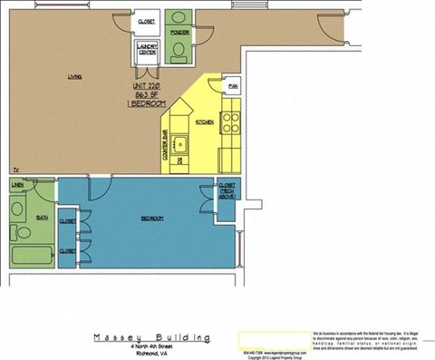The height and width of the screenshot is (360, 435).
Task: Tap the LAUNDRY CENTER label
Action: point(147,50)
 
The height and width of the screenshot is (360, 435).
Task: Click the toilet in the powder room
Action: point(180,54)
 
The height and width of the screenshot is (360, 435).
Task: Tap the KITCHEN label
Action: point(205,122)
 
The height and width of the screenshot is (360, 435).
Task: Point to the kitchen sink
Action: point(182,142)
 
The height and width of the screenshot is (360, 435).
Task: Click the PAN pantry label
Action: point(233,86)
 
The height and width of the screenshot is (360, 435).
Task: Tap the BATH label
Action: point(16,218)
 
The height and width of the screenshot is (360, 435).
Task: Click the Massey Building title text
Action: point(153,337)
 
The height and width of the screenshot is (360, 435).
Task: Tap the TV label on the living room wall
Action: point(14,170)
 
